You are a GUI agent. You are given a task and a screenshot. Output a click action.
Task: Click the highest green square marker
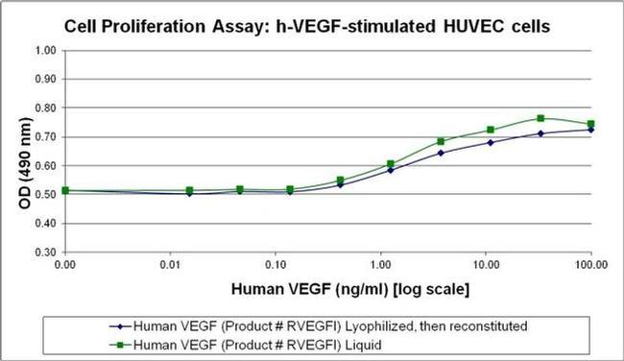(x=541, y=118)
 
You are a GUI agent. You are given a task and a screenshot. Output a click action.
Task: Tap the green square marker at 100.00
(x=590, y=124)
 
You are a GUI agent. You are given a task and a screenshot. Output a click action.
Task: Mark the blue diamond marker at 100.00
(x=590, y=130)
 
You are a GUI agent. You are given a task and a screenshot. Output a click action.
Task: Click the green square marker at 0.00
(x=65, y=190)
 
